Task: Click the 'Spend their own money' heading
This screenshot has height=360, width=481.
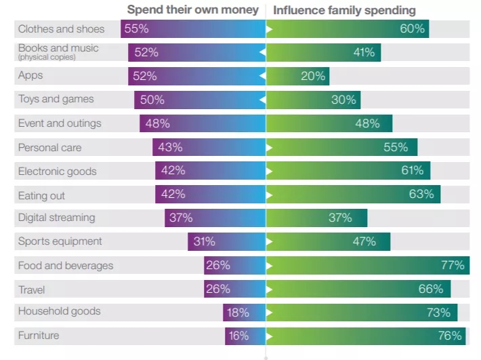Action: point(193,10)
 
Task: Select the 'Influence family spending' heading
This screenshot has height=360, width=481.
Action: point(344,10)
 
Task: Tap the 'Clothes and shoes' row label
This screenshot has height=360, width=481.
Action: point(61,28)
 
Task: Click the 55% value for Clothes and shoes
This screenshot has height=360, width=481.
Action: point(136,28)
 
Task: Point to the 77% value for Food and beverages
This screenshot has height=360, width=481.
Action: point(452,265)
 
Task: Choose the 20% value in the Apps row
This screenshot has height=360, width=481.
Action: point(313,76)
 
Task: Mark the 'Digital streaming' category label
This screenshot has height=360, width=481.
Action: point(56,218)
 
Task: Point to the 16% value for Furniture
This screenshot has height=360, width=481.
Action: point(238,336)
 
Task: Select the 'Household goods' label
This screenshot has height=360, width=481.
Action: point(59,311)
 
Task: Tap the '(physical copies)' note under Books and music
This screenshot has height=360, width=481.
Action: point(47,58)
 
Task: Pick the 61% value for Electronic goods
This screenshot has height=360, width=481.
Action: point(412,171)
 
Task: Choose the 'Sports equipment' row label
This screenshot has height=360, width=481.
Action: point(60,241)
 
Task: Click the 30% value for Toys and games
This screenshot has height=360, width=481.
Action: point(343,100)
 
